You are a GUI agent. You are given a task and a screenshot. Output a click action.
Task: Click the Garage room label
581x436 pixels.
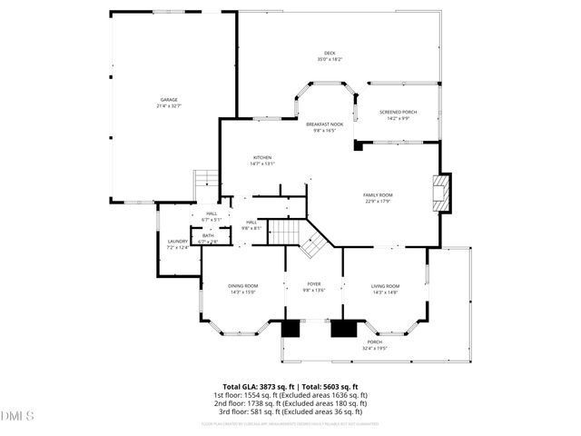pos(169,100)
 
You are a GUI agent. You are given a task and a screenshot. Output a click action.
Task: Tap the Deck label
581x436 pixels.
pos(330,54)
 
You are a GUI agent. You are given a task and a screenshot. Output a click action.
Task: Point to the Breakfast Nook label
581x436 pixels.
pos(324,124)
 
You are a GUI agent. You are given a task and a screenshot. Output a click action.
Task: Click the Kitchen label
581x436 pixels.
pos(262,158)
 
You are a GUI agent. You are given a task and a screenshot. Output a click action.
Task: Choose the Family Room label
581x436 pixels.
pos(378,195)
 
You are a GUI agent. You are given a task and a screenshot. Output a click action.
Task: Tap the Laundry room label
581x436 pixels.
pos(177,241)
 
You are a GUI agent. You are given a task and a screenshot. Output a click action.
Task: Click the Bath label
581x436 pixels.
pos(209,235)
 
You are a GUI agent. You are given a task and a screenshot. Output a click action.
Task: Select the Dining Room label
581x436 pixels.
pos(243,286)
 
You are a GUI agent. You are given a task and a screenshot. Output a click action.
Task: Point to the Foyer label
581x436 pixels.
pos(314,284)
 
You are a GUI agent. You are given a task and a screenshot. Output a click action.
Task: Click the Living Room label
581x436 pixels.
pos(385,286)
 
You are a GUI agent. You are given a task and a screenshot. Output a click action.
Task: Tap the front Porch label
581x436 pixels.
pos(375,342)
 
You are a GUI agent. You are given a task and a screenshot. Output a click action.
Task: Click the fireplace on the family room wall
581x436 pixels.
pos(441,192)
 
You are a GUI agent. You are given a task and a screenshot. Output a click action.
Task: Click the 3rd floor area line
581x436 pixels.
pos(290,412)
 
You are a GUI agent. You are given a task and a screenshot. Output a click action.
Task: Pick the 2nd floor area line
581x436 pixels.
pos(290,404)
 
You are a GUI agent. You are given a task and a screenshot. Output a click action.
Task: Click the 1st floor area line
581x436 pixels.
pos(290,395)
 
